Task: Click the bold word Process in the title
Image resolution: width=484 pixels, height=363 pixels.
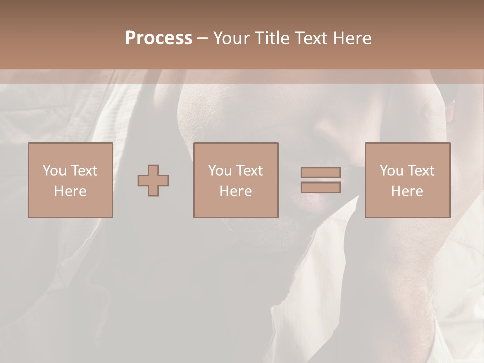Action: tap(158, 38)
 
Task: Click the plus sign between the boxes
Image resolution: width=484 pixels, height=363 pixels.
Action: tap(153, 180)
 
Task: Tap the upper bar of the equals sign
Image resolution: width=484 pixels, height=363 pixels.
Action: tap(321, 172)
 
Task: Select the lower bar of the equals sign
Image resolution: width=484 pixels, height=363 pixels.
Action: tap(321, 188)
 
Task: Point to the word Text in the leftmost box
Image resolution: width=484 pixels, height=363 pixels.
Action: tap(84, 170)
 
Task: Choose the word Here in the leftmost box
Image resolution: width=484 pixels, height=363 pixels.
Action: tap(70, 191)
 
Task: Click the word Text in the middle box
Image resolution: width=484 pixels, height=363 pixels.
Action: tap(250, 170)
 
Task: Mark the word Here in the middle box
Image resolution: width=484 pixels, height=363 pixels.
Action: tap(235, 191)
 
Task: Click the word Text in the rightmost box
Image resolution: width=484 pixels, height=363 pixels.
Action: tap(421, 170)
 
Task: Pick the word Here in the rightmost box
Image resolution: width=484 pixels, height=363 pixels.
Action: tap(407, 191)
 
